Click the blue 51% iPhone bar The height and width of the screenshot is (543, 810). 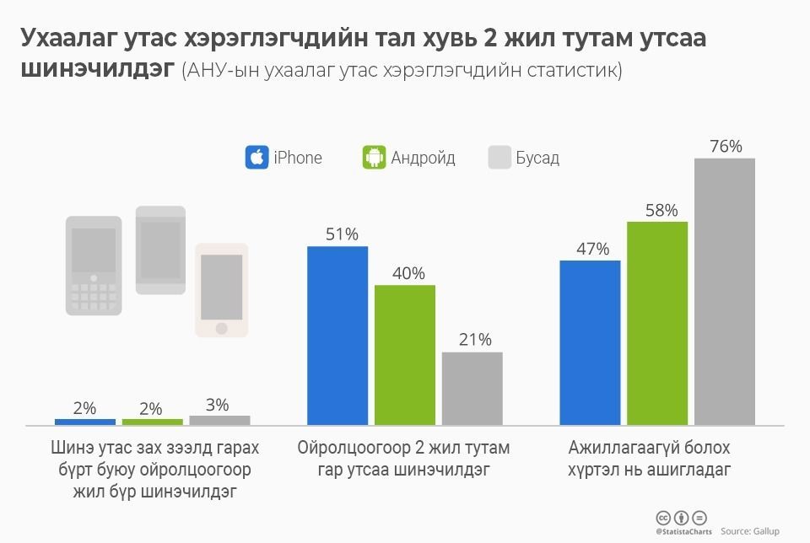pyautogui.click(x=337, y=335)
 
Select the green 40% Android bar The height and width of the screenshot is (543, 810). pyautogui.click(x=405, y=354)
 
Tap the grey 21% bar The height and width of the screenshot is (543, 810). pyautogui.click(x=472, y=388)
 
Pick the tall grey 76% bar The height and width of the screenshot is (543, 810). pyautogui.click(x=725, y=291)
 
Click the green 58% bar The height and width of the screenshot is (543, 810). pyautogui.click(x=657, y=323)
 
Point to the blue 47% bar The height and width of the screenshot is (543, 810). pyautogui.click(x=591, y=342)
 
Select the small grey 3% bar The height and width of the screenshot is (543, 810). pyautogui.click(x=219, y=420)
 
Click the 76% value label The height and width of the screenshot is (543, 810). pyautogui.click(x=726, y=147)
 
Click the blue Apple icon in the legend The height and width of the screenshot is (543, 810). pyautogui.click(x=256, y=158)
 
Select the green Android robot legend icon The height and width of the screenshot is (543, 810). pyautogui.click(x=374, y=158)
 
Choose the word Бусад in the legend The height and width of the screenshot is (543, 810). pyautogui.click(x=537, y=158)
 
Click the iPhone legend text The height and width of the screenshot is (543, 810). pyautogui.click(x=297, y=158)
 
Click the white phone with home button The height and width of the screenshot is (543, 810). pyautogui.click(x=222, y=290)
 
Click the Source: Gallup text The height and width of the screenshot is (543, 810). pyautogui.click(x=750, y=531)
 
